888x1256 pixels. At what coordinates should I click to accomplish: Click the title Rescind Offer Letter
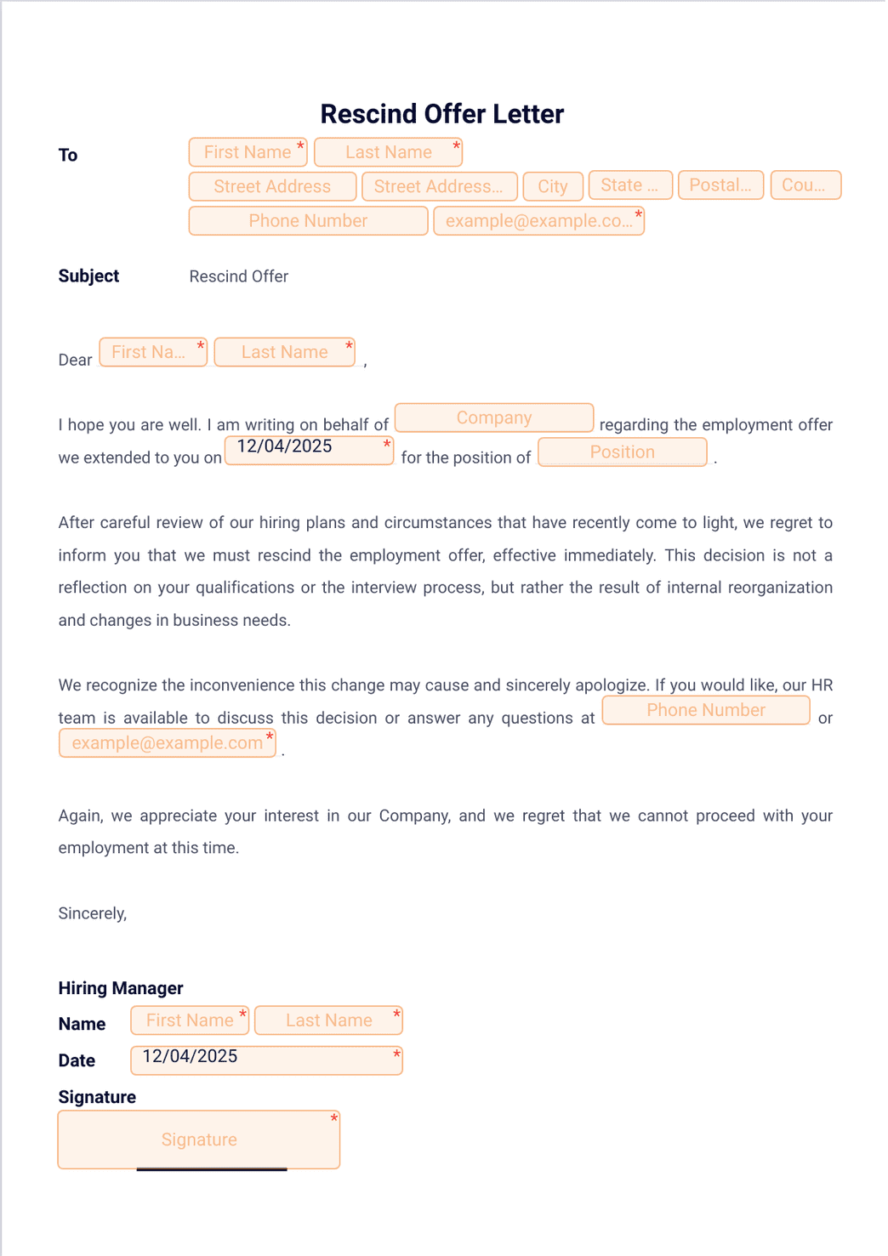(x=441, y=114)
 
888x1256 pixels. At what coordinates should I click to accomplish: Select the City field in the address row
(x=553, y=186)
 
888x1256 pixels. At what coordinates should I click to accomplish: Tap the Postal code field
(x=720, y=185)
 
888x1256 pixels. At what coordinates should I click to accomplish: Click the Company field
(x=494, y=418)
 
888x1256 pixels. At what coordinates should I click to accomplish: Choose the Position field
(x=623, y=452)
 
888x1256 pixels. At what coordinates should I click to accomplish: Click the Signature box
(x=199, y=1139)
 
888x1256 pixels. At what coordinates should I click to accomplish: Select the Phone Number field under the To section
(x=308, y=221)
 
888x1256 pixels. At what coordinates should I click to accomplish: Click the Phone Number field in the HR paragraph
(x=706, y=710)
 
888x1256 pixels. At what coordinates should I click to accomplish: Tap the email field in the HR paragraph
(x=167, y=743)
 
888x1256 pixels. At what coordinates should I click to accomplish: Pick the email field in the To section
(x=538, y=221)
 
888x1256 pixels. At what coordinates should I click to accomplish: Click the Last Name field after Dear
(x=284, y=352)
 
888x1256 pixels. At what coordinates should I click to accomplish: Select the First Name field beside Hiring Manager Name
(x=190, y=1020)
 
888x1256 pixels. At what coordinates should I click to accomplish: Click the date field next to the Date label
(x=266, y=1060)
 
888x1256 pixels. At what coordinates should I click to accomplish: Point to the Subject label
(x=88, y=276)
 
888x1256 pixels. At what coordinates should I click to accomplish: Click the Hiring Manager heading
(x=121, y=988)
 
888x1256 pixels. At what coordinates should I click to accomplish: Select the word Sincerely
(x=92, y=913)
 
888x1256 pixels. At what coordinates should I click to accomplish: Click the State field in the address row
(x=630, y=185)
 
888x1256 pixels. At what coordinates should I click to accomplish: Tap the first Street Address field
(x=272, y=186)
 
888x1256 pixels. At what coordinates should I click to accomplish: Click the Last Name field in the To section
(x=388, y=152)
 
